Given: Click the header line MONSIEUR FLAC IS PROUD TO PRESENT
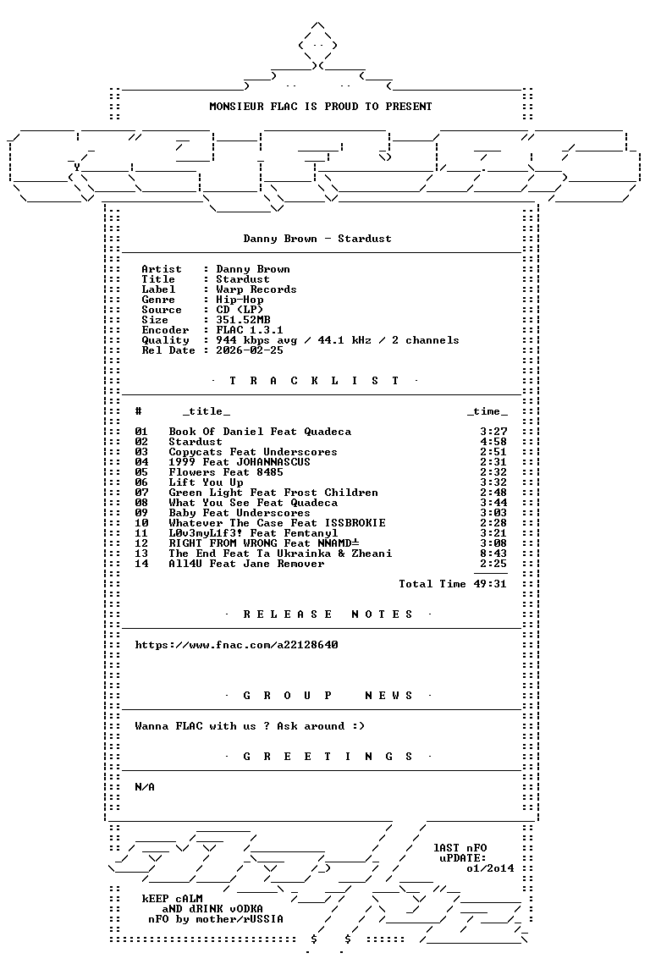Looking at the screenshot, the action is tap(320, 107).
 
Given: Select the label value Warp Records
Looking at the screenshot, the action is tap(256, 289).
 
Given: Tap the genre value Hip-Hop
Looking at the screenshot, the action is tap(240, 300).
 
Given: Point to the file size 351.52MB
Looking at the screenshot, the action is tap(243, 320).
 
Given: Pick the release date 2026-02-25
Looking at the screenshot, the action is tap(250, 350).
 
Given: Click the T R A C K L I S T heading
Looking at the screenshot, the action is tap(314, 381).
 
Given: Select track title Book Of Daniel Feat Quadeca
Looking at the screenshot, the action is tap(260, 432).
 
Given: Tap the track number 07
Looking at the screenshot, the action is tap(141, 493).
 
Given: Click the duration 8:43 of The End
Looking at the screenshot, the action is tap(493, 554).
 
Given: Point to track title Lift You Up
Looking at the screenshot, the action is tap(206, 482).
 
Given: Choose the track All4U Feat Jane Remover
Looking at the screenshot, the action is tap(246, 564).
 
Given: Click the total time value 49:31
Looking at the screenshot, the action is tap(490, 584).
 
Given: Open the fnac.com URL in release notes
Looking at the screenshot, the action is tap(236, 645).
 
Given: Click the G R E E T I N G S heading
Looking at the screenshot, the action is tap(328, 757).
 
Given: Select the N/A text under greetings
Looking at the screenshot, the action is tap(145, 787).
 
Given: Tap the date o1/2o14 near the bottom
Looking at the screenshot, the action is tap(490, 868).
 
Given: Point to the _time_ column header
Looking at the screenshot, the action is tap(487, 411).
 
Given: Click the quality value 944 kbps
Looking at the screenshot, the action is tap(243, 340).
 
